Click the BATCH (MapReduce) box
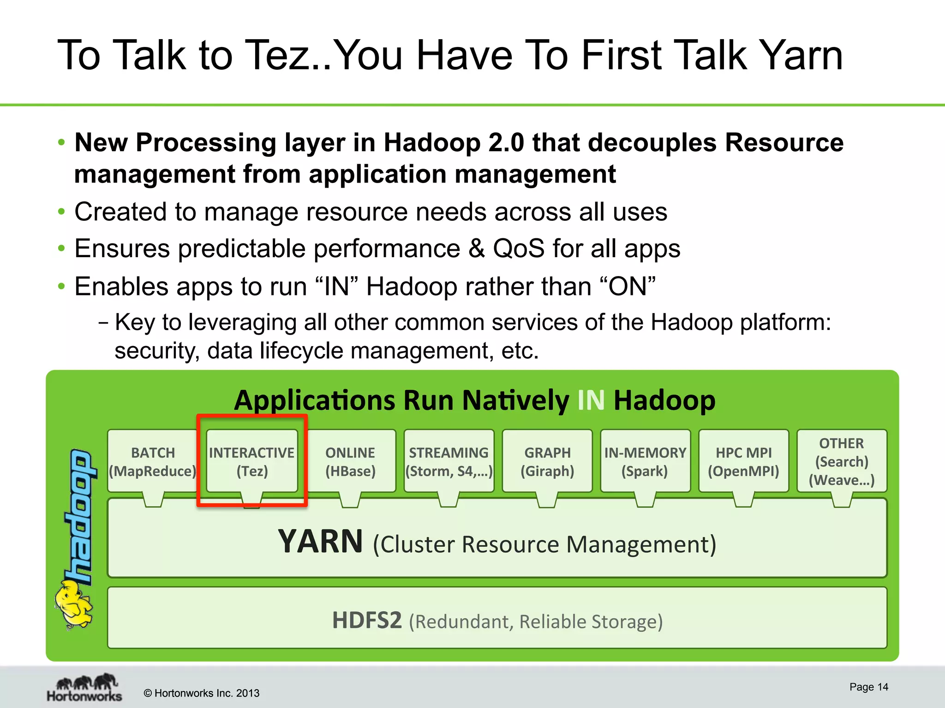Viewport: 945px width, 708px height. (x=153, y=461)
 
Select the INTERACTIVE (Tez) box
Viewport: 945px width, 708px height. (x=251, y=461)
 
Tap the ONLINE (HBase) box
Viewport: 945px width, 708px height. (x=350, y=461)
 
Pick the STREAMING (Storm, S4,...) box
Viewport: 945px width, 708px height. (x=449, y=461)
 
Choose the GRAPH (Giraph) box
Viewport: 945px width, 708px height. (x=547, y=461)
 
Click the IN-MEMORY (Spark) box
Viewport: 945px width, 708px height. (x=645, y=461)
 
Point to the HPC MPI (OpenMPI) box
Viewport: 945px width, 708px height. (x=743, y=461)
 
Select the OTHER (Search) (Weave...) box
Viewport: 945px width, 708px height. (x=842, y=461)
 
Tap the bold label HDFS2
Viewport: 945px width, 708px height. (x=367, y=620)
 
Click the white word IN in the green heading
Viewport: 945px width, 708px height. (x=591, y=400)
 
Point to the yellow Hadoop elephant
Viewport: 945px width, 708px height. (x=74, y=604)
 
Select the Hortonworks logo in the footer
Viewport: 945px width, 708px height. (x=84, y=687)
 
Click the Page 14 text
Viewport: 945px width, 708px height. (x=868, y=687)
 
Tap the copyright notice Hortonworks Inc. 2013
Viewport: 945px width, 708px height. (x=202, y=693)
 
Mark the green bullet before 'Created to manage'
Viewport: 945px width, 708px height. (x=61, y=212)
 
